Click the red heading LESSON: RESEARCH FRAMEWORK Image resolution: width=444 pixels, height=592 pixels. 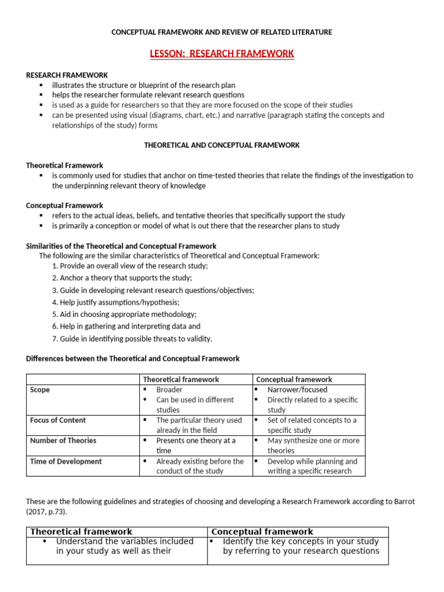222,54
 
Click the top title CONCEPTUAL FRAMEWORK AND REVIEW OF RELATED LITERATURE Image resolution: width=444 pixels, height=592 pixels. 222,32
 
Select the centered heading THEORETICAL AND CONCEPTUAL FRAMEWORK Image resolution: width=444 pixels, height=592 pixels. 222,145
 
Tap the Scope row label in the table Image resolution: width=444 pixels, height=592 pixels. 40,390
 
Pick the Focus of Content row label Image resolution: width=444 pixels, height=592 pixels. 58,420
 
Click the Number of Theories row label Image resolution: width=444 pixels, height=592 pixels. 63,441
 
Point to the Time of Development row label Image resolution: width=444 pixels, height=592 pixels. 65,461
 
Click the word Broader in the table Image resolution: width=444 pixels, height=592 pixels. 169,390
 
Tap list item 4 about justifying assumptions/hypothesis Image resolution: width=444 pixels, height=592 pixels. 116,302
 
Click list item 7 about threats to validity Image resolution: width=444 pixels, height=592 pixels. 132,339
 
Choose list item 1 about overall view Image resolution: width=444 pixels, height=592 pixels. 129,266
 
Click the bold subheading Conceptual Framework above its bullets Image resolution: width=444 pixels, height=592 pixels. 65,205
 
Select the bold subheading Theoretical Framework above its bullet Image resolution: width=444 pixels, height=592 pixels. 65,165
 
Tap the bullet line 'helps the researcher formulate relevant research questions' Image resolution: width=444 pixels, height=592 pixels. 148,95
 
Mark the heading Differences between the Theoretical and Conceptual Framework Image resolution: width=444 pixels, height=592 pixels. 132,358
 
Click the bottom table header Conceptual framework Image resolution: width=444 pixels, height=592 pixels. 262,532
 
